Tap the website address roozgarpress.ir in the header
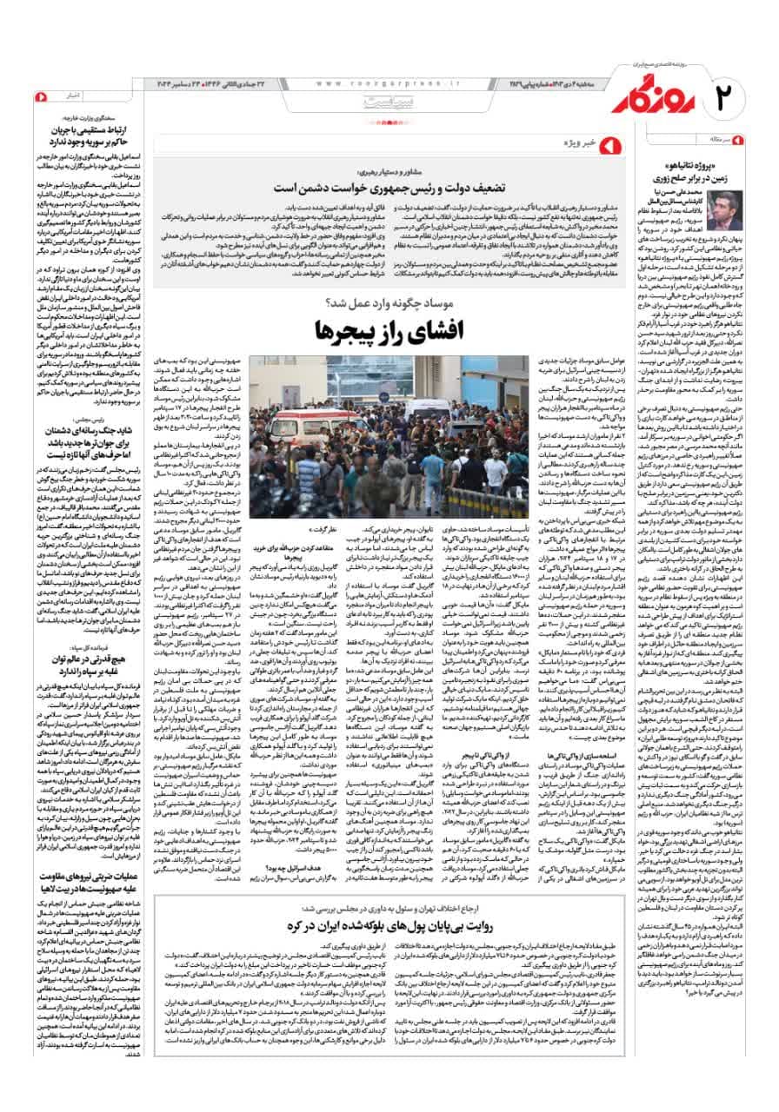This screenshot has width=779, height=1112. tap(386, 83)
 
